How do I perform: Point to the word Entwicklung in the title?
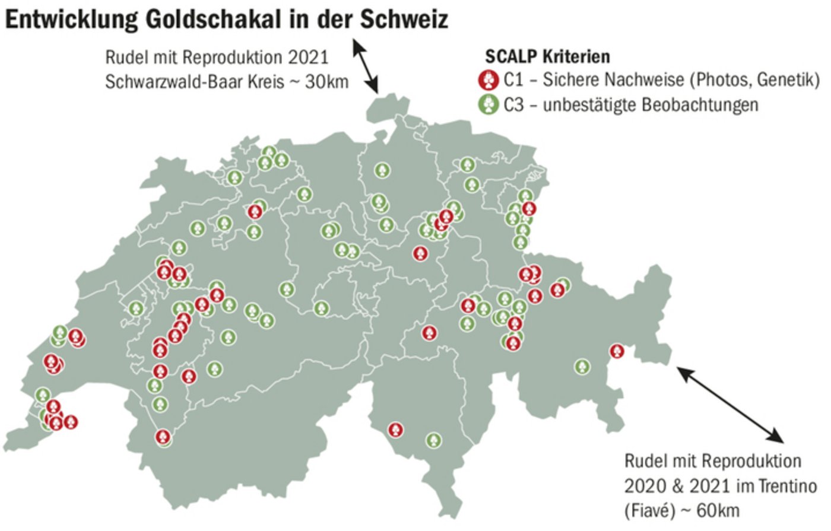pos(71,20)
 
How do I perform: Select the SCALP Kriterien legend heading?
pos(547,56)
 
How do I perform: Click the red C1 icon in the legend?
pos(488,79)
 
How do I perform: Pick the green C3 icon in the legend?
pos(488,104)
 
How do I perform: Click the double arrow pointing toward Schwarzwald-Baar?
pos(366,65)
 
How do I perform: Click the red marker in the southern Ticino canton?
pos(395,430)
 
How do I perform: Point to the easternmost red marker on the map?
pos(617,351)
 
